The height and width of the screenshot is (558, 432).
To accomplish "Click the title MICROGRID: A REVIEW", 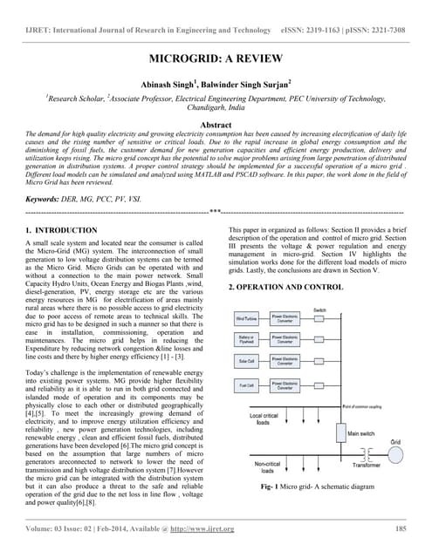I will click(x=216, y=60).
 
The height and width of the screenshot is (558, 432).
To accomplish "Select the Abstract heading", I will click(x=216, y=125).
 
